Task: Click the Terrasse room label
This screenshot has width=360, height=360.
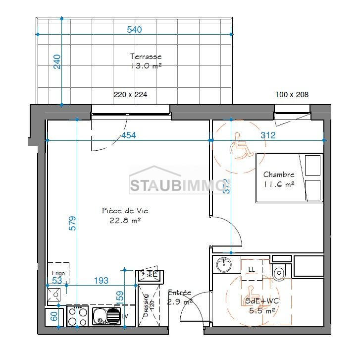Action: click(146, 57)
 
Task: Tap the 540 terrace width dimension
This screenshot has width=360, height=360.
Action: click(134, 30)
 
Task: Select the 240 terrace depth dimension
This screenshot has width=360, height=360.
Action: click(57, 61)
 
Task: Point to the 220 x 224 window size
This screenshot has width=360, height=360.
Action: click(130, 94)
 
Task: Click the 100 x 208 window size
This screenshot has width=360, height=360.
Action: click(292, 94)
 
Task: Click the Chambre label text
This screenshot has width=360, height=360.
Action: click(279, 175)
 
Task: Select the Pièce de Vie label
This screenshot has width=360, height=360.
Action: click(125, 211)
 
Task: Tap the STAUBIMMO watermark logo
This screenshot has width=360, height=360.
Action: click(176, 185)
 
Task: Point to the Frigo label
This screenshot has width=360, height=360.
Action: click(58, 273)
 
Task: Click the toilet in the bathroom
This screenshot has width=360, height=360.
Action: click(280, 272)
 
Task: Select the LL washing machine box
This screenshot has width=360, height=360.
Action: click(252, 269)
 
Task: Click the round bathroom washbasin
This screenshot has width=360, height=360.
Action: click(225, 265)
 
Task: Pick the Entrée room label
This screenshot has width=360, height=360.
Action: click(180, 293)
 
